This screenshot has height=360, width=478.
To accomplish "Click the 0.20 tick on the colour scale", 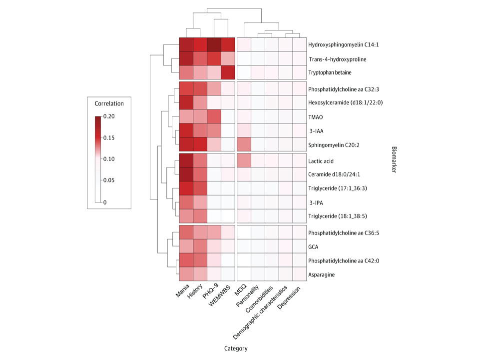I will point(109,116).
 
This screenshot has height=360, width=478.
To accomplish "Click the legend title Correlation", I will point(109,103).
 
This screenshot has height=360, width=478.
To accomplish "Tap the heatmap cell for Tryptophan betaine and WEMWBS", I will point(228,73).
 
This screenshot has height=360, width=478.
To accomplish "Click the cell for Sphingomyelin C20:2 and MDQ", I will point(244,145).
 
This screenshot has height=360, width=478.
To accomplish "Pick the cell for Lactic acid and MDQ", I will point(244,161).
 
